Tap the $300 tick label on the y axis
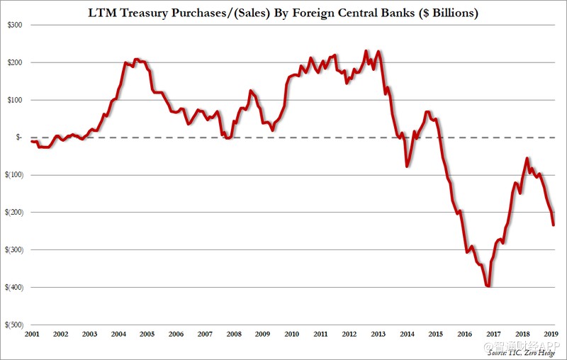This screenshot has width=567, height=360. (15, 25)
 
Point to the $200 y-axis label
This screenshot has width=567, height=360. (15, 62)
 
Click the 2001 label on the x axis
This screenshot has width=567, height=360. (31, 333)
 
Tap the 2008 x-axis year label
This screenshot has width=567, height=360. (234, 333)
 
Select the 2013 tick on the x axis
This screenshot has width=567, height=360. (378, 333)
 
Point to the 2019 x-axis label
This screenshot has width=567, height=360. (552, 333)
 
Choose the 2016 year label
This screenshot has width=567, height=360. (466, 333)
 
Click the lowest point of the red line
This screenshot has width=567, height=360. (488, 286)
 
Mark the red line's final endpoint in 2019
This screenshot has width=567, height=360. (554, 225)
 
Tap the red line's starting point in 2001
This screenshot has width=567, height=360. (32, 142)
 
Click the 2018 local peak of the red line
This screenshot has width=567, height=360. (527, 159)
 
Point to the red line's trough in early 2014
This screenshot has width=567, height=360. (407, 166)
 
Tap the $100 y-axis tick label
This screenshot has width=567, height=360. (15, 100)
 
